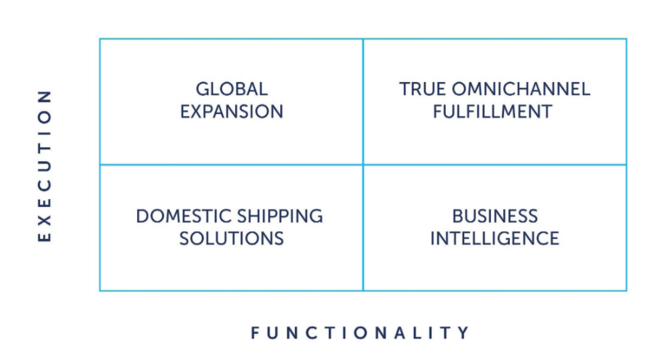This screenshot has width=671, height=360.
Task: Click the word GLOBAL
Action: (232, 89)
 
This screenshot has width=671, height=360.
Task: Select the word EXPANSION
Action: (232, 112)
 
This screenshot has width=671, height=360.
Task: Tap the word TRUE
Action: (420, 89)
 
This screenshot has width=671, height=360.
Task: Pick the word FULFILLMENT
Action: (495, 112)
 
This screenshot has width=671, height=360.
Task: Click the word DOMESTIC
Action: (176, 216)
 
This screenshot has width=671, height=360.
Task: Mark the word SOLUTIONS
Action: (232, 238)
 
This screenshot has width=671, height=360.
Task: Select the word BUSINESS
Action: (495, 216)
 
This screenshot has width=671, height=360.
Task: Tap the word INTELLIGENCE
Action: (495, 238)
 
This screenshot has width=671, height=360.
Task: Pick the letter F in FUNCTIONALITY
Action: (256, 333)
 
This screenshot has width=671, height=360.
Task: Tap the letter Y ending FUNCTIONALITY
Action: (463, 333)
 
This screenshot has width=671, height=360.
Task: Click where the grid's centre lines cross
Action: (363, 165)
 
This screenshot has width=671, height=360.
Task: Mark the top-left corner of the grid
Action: (100, 39)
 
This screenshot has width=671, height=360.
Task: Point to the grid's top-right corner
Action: (626, 39)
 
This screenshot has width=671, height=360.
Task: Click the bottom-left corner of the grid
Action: (100, 290)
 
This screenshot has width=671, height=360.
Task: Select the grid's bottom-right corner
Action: (626, 290)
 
